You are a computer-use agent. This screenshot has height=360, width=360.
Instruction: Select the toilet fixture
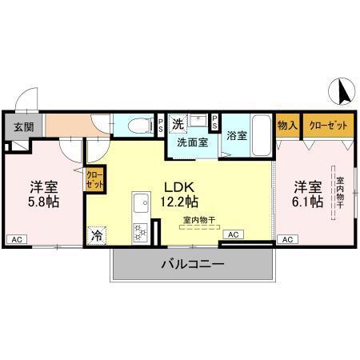pyautogui.click(x=138, y=126)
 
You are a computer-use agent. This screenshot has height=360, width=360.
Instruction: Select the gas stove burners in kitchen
pyautogui.click(x=140, y=233)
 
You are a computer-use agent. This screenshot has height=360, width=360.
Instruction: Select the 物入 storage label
pyautogui.click(x=287, y=124)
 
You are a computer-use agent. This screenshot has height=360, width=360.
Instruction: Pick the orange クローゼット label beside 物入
pyautogui.click(x=324, y=124)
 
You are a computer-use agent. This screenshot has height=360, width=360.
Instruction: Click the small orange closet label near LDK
pyautogui.click(x=94, y=179)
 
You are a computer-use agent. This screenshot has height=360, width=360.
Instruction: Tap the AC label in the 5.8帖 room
pyautogui.click(x=16, y=239)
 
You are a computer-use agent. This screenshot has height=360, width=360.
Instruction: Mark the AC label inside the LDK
pyautogui.click(x=233, y=234)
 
